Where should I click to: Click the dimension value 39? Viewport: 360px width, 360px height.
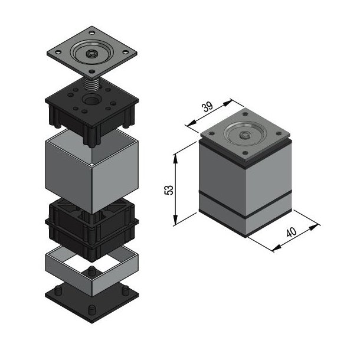click(x=207, y=107)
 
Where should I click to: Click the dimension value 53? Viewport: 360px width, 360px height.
click(x=169, y=189)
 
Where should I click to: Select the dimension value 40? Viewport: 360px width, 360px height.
click(x=291, y=232)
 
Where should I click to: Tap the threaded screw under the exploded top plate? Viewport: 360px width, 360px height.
click(x=93, y=82)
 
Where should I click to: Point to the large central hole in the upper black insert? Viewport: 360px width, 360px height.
click(x=93, y=100)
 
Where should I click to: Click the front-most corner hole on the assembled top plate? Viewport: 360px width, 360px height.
click(x=244, y=154)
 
